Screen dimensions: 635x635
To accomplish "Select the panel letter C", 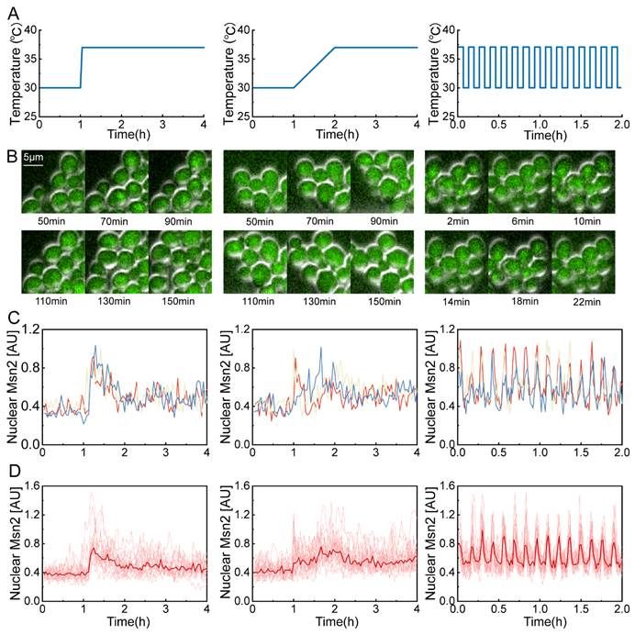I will click(11, 317).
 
